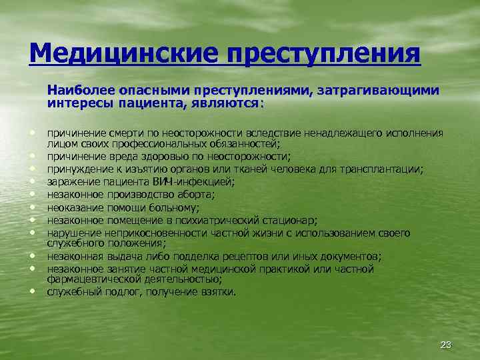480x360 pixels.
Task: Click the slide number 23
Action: (446, 344)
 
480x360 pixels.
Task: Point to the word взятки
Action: (218, 291)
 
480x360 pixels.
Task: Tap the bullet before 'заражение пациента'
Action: (33, 181)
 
